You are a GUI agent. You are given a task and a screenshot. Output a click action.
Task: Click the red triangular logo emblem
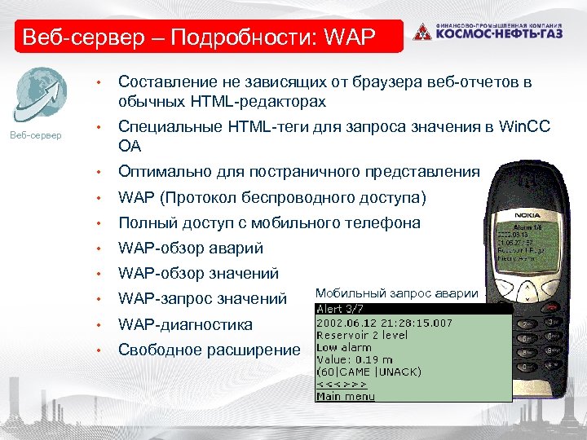click(x=421, y=33)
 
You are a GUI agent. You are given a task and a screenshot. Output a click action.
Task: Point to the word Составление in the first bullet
click(x=167, y=81)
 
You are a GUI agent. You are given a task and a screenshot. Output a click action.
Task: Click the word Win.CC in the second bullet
click(x=524, y=127)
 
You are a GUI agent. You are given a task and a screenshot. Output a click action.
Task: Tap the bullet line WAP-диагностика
click(x=186, y=324)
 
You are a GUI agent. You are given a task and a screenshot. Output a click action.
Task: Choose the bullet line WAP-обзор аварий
click(x=191, y=249)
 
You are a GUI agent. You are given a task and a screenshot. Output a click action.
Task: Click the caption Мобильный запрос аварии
click(x=396, y=293)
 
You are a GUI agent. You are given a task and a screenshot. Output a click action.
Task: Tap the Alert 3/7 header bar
click(x=413, y=309)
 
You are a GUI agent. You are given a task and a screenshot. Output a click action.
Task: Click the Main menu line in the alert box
click(x=346, y=396)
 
